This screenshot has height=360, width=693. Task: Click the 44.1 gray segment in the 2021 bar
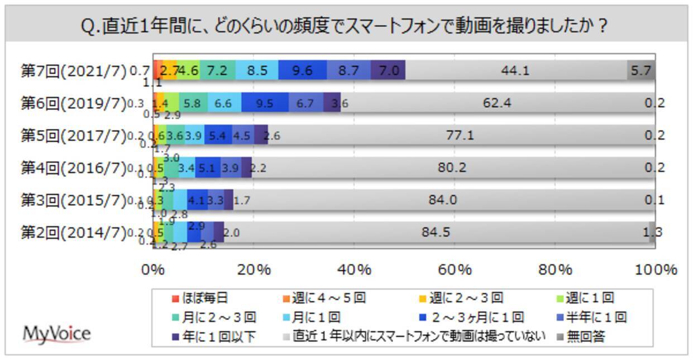pyautogui.click(x=515, y=70)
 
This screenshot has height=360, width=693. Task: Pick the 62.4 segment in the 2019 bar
pyautogui.click(x=497, y=103)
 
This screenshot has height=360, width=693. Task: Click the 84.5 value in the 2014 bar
pyautogui.click(x=436, y=232)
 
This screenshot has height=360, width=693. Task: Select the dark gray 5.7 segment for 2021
pyautogui.click(x=641, y=70)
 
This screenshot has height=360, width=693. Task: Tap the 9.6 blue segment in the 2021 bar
pyautogui.click(x=302, y=70)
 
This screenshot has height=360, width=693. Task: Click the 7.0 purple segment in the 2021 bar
pyautogui.click(x=388, y=70)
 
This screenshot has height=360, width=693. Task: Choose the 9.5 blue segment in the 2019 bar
pyautogui.click(x=265, y=103)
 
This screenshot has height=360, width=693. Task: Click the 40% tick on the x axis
pyautogui.click(x=354, y=270)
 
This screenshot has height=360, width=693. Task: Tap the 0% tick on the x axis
pyautogui.click(x=152, y=270)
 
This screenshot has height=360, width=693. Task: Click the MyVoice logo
pyautogui.click(x=56, y=334)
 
